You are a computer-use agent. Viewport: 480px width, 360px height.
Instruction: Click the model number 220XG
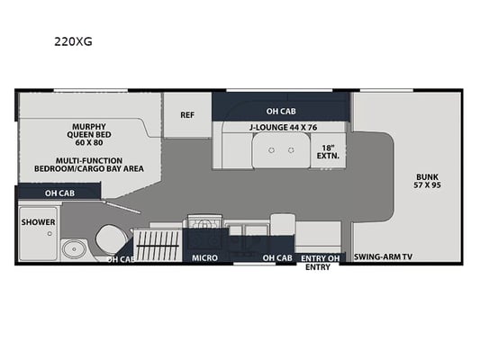[x=73, y=41]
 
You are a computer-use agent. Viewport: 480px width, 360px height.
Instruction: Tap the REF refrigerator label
[x=187, y=115]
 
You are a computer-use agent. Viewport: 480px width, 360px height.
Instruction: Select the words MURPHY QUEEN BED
[x=89, y=130]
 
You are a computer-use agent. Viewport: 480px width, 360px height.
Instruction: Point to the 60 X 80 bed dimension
[x=89, y=142]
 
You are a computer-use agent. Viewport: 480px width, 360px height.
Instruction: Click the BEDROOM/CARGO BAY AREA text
[x=89, y=168]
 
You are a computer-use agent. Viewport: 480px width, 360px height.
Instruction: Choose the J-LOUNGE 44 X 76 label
[x=283, y=127]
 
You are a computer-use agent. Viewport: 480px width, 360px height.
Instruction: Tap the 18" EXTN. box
[x=328, y=152]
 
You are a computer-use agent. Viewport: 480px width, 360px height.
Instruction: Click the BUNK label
[x=428, y=176]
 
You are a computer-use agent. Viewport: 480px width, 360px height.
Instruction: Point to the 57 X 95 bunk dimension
[x=428, y=185]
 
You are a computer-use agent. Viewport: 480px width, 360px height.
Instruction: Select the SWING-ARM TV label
[x=384, y=256]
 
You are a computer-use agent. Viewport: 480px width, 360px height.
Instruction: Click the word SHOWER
[x=38, y=222]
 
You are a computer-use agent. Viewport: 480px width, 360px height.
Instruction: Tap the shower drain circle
[x=50, y=234]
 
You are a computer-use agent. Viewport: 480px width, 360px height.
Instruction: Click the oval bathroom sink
[x=75, y=249]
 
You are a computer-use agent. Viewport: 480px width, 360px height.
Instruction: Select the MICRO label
[x=204, y=258]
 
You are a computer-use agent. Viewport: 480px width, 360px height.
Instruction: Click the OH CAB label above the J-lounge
[x=281, y=112]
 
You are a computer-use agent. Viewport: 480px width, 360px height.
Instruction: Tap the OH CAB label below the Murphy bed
[x=59, y=193]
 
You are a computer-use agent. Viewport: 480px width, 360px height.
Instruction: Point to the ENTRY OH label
[x=321, y=259]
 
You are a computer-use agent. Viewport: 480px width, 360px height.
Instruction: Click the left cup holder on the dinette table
[x=272, y=150]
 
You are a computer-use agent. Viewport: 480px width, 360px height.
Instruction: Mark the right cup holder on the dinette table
[x=291, y=150]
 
